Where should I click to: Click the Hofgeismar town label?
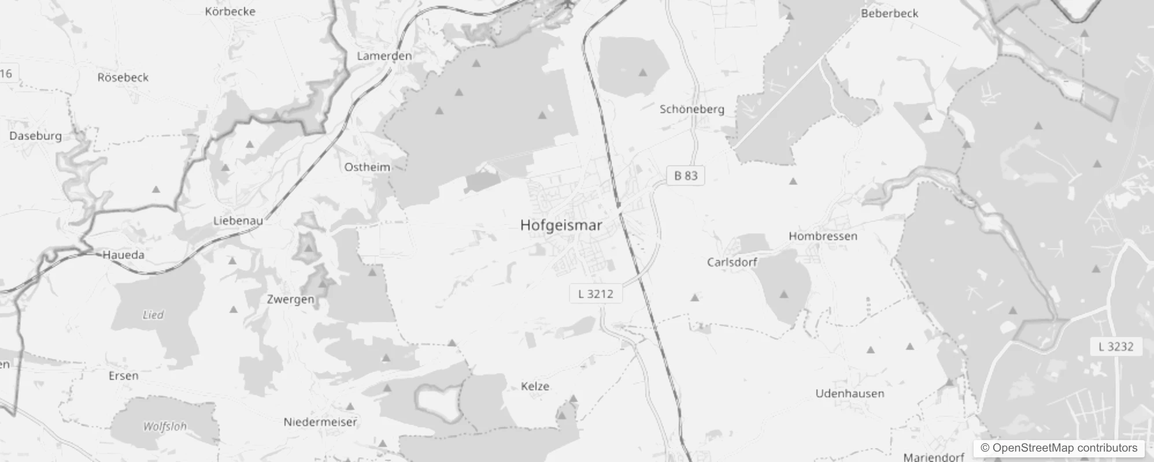pos(561,225)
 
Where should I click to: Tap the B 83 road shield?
pos(686,176)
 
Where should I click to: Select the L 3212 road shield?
pos(596,294)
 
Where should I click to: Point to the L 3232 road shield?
pos(1116,346)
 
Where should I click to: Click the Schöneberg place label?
pos(691,109)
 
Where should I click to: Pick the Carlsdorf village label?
pos(732,262)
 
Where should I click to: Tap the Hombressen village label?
pos(823,236)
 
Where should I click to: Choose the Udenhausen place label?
pos(849,394)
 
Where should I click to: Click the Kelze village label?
pos(535,386)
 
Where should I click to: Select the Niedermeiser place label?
pos(320,422)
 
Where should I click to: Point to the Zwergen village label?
pos(290,299)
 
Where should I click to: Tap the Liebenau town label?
pos(238,221)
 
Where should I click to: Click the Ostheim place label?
pos(367,167)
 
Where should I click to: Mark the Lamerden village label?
pos(384,56)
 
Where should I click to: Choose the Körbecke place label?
pos(230,12)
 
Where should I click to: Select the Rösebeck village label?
pos(123,77)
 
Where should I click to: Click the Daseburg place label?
pos(35,136)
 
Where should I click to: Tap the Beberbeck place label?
pos(889,13)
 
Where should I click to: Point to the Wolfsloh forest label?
pos(165,427)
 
